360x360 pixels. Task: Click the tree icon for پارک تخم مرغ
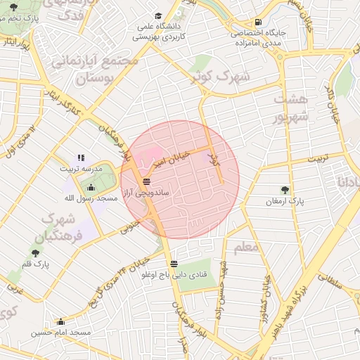15,7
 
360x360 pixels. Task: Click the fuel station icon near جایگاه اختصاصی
259,22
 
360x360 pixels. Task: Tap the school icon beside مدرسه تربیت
81,157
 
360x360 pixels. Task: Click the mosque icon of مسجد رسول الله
91,187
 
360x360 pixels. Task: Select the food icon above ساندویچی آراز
146,181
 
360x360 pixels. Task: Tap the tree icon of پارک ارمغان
285,189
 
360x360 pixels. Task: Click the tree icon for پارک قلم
36,252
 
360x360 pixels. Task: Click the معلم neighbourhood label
245,247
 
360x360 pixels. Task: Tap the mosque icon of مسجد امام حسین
60,321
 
